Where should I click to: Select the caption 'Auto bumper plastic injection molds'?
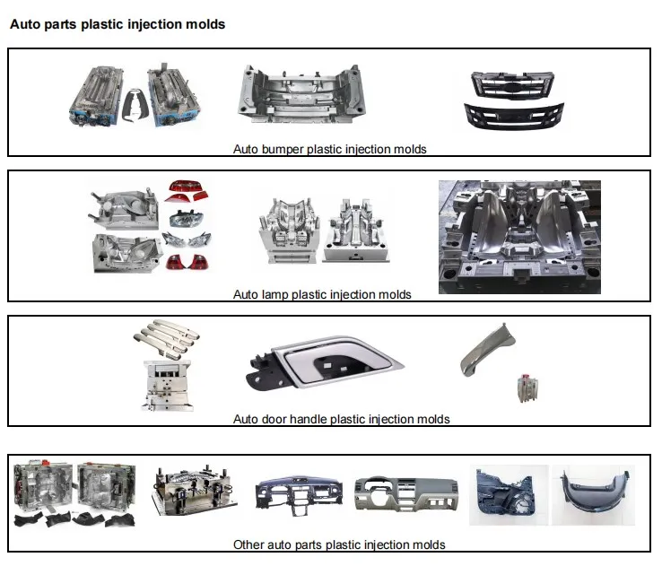click(329, 149)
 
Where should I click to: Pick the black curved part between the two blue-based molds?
click(135, 99)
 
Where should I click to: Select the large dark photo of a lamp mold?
click(519, 237)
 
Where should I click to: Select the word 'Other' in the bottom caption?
click(248, 544)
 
